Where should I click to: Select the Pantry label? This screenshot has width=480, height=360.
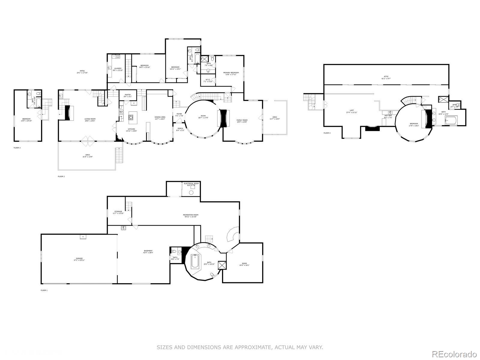128,96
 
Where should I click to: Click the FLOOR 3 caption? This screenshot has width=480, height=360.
17,148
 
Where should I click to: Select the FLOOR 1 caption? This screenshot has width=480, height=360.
44,290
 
